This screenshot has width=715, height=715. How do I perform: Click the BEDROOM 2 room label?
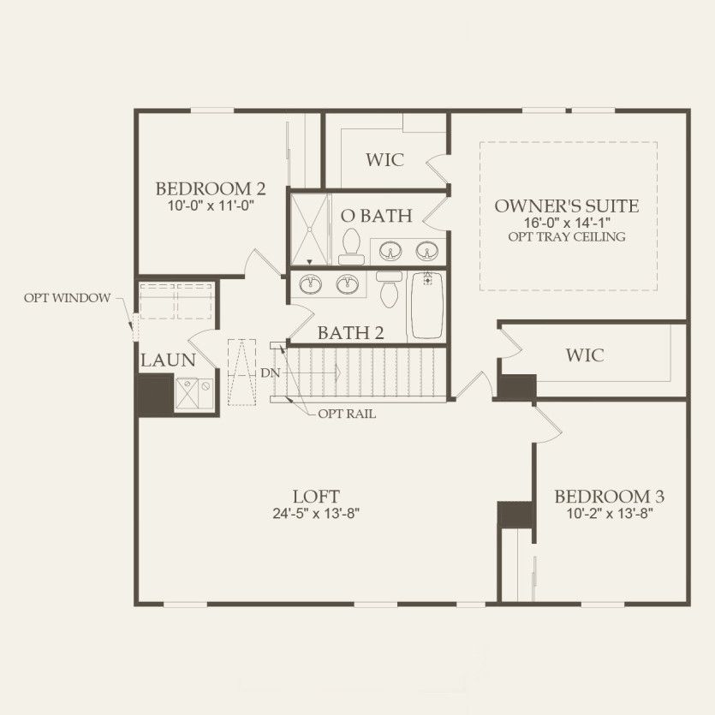point(210,188)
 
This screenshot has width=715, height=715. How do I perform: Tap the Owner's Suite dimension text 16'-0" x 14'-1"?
point(568,222)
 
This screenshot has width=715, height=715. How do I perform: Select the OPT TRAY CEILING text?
point(568,236)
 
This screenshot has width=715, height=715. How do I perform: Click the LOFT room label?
point(316,497)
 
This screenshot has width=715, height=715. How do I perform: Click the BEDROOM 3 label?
point(608,497)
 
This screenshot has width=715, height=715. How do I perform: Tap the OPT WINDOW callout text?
point(67,298)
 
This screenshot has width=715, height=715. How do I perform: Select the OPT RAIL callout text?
point(347,414)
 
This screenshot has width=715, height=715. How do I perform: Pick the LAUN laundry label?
point(168,360)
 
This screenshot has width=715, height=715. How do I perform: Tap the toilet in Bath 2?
point(390,289)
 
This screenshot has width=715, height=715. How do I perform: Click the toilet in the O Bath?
point(349,247)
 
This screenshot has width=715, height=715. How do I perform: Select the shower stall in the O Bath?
point(309,229)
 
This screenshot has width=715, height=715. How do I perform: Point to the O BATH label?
point(376,216)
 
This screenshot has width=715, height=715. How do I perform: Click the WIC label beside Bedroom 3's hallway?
point(585,355)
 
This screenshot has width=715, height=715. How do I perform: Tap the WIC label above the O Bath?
point(384,160)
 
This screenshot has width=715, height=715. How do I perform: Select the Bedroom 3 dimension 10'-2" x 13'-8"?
point(608,515)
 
